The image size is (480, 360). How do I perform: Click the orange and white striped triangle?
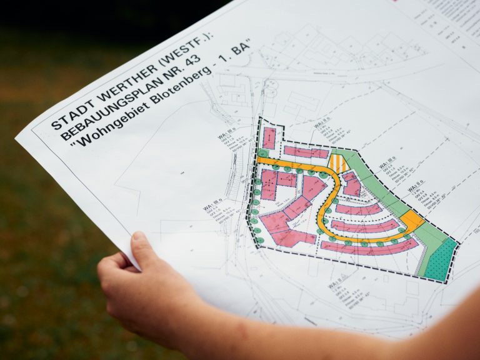pyautogui.click(x=338, y=164)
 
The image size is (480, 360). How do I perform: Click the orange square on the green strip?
pyautogui.click(x=412, y=219)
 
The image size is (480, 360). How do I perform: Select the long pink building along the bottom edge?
pyautogui.click(x=368, y=247)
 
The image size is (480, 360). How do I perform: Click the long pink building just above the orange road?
pyautogui.click(x=306, y=152)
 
